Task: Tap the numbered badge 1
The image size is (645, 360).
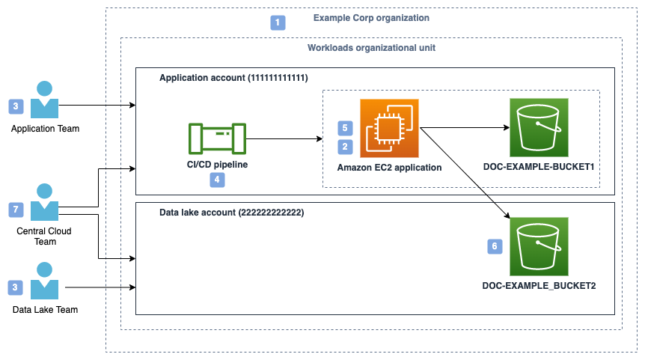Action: click(278, 22)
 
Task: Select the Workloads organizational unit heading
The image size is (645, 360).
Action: click(371, 47)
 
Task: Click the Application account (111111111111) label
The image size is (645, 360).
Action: click(233, 77)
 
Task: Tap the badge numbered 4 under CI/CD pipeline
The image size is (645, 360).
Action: click(216, 180)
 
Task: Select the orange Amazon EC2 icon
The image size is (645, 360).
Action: click(388, 128)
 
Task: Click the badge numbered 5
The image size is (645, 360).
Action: click(345, 128)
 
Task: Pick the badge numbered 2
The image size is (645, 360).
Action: click(345, 147)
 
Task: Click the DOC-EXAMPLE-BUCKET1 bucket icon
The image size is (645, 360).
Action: click(538, 127)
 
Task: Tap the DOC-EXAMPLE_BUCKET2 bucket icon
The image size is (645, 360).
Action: click(538, 246)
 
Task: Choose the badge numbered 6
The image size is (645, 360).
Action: click(494, 245)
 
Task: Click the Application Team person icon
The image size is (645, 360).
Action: click(45, 100)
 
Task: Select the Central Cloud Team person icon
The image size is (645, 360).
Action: click(45, 202)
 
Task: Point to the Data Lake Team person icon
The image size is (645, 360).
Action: click(45, 281)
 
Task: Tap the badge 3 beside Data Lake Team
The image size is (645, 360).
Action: click(15, 287)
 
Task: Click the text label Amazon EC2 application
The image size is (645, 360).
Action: click(389, 167)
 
